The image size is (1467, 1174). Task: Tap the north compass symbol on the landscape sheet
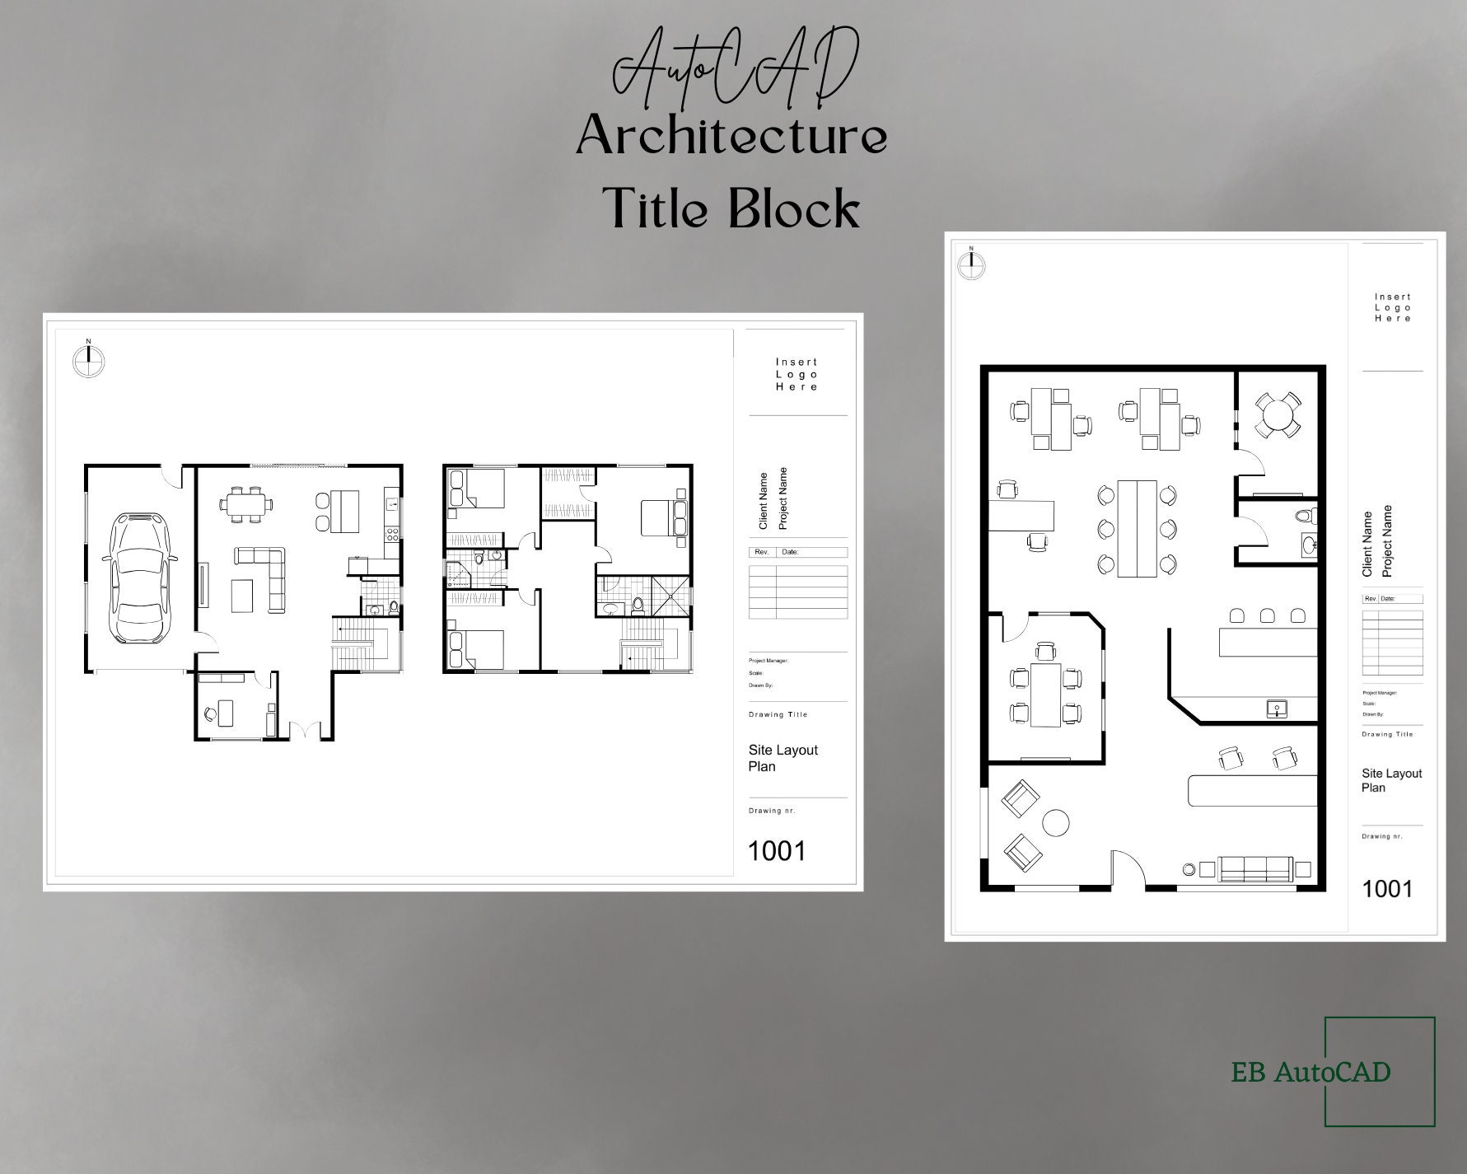coord(89,359)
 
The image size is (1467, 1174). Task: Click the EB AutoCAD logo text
coord(1310,1072)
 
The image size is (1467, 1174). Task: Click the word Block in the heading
coord(795,208)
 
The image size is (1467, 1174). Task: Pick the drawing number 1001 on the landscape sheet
coord(776,850)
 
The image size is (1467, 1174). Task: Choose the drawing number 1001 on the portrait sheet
coord(1387,888)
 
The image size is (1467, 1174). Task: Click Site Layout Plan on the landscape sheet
coord(783,758)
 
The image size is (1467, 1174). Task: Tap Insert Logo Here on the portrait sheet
coord(1393,307)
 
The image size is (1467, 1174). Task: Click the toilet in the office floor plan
coord(1304,517)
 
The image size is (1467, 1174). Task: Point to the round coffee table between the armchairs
coord(1055,821)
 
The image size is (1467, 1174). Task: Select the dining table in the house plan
coord(245,503)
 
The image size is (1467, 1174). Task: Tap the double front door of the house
coord(305,730)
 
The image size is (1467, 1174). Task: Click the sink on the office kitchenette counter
coord(1277,708)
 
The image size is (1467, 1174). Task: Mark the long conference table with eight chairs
coord(1136,528)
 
